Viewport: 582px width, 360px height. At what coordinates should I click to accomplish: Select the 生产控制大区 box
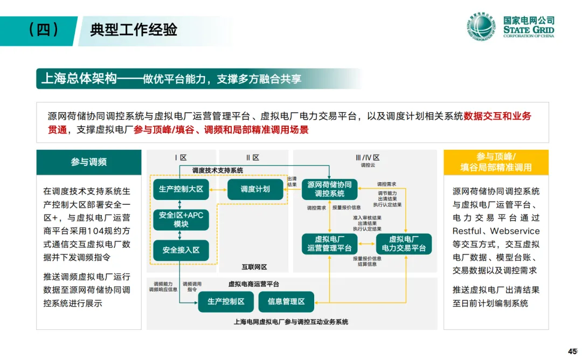tap(181, 189)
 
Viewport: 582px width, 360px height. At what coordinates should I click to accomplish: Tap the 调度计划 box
tap(255, 189)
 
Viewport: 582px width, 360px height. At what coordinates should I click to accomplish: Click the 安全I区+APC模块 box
tap(181, 219)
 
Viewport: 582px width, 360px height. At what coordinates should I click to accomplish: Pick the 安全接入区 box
tap(181, 250)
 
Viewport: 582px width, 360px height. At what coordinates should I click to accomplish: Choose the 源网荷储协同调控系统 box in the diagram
tap(329, 189)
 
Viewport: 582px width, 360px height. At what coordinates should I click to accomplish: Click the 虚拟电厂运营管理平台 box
tap(329, 244)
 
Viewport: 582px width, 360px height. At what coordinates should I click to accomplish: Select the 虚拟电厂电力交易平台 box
tap(404, 244)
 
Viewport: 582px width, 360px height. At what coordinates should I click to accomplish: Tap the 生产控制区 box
tap(226, 301)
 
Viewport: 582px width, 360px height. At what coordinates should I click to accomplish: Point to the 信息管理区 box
tap(286, 301)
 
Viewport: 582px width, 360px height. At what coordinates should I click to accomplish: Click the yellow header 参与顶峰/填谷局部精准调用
tap(496, 162)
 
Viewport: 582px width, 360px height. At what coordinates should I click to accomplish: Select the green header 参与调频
tap(89, 162)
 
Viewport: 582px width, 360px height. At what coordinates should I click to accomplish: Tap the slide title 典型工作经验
tap(134, 30)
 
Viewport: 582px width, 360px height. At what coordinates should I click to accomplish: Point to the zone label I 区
tap(181, 157)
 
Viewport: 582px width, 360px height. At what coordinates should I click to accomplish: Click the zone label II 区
tap(252, 157)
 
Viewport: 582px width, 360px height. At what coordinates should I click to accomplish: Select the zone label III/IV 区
tap(368, 157)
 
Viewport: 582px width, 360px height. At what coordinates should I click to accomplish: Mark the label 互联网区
tap(254, 267)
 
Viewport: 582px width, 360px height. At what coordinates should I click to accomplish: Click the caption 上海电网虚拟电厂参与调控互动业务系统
tap(290, 322)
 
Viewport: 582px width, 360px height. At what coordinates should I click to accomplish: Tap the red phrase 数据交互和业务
tap(497, 116)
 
